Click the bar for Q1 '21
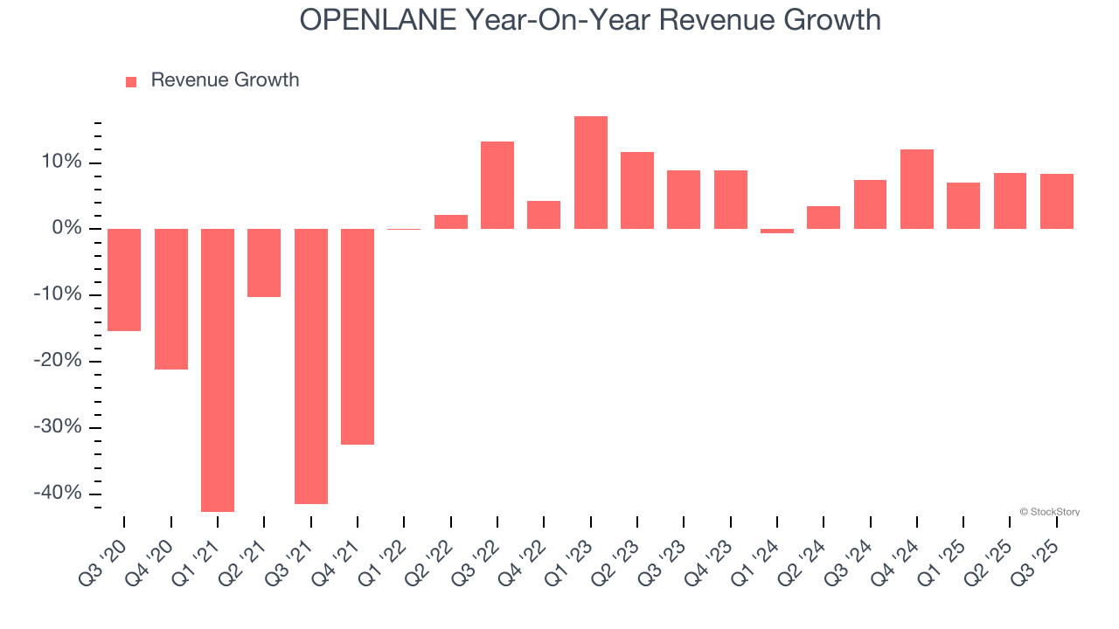218,370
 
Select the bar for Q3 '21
311,366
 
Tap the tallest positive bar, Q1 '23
591,172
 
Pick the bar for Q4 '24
917,189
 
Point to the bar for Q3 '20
124,280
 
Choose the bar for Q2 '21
264,262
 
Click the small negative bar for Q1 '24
777,232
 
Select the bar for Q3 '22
497,185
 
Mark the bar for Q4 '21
358,336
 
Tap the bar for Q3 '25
1057,201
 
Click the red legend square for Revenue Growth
131,81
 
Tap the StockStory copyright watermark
1049,512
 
